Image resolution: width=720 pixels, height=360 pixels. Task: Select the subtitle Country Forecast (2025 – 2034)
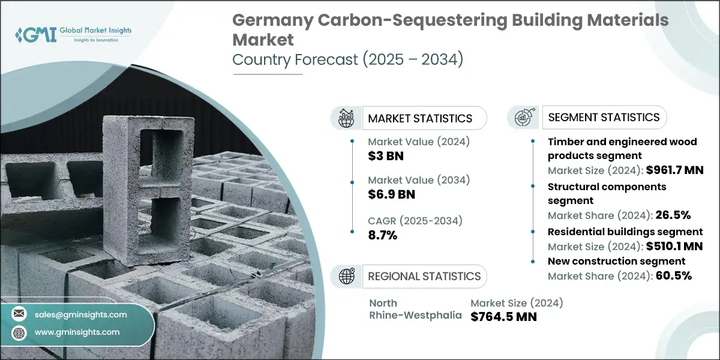pos(347,60)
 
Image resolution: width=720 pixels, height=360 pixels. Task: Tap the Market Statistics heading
pos(420,118)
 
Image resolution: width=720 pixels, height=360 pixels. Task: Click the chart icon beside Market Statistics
pos(346,118)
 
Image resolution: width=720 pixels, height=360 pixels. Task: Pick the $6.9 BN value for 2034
pos(391,194)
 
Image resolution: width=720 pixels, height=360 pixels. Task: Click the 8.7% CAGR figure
pos(383,235)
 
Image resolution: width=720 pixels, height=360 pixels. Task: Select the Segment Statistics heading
pos(604,117)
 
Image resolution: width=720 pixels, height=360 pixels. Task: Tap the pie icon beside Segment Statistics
pos(524,117)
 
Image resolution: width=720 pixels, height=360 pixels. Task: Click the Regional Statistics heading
pos(424,276)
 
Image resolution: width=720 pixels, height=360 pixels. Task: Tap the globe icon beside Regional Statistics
pos(346,276)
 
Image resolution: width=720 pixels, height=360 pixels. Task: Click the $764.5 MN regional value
pos(503,316)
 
